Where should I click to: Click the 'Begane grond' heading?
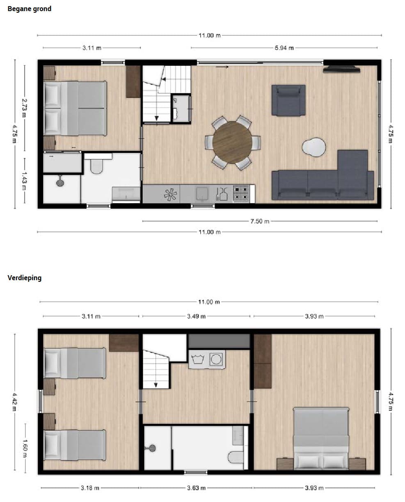(30, 9)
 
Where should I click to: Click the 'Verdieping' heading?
(25, 278)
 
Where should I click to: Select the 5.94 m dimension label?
(284, 48)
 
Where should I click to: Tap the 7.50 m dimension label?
(260, 221)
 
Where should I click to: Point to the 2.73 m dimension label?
(24, 108)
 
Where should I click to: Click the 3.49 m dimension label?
(196, 316)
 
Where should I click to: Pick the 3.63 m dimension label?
(196, 488)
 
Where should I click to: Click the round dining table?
(232, 142)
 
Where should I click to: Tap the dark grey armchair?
(288, 100)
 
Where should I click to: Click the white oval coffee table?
(314, 147)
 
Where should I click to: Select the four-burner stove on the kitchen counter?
(241, 194)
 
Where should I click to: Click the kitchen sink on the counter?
(202, 193)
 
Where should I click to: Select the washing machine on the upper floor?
(216, 359)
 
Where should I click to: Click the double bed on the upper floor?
(321, 439)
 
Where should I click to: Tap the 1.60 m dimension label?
(25, 448)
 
